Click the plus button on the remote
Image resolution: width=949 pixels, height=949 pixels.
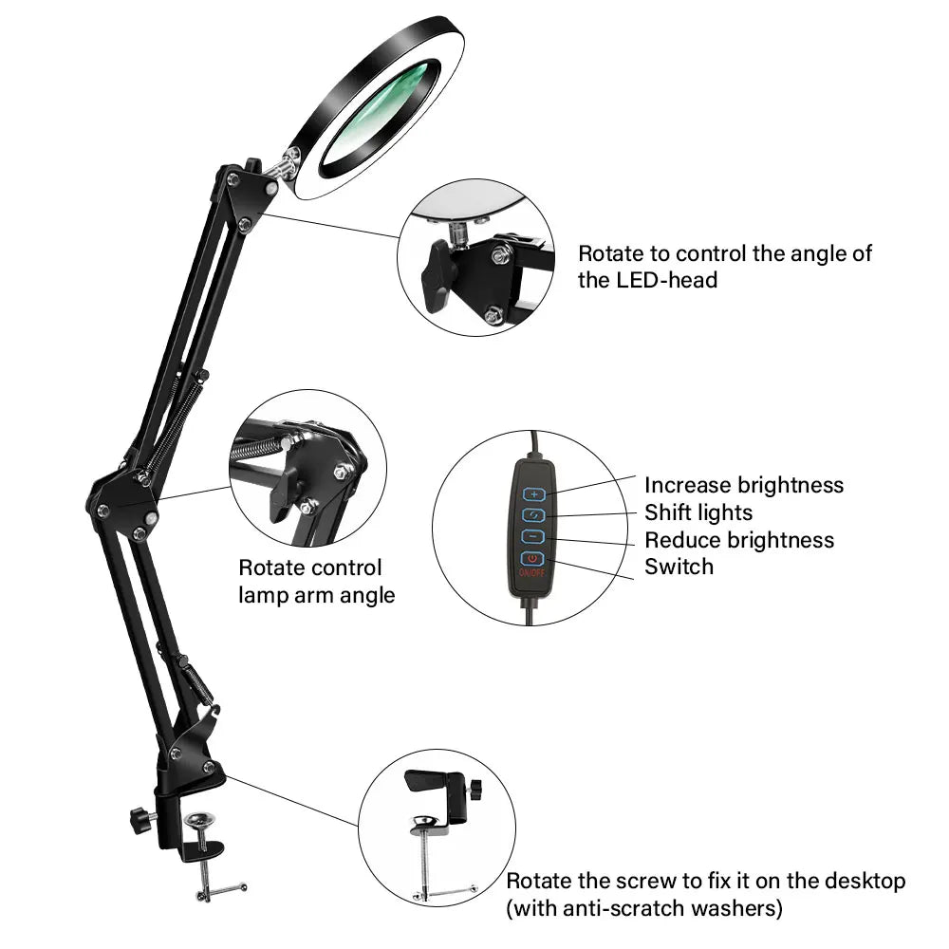tap(533, 494)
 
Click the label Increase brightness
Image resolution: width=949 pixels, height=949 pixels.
tap(744, 485)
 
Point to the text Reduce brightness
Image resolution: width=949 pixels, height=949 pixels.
tap(739, 540)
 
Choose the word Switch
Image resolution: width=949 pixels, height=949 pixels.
tap(679, 567)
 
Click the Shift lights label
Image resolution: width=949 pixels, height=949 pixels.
tap(698, 512)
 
